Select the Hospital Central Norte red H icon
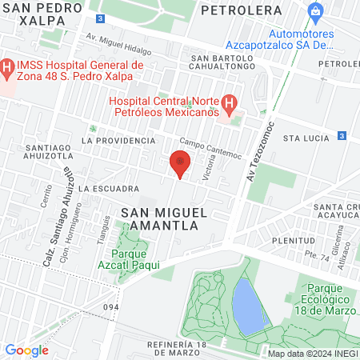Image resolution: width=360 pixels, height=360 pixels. coord(229,103)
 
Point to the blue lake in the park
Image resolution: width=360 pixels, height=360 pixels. coord(249,308)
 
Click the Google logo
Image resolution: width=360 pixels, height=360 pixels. coord(26,350)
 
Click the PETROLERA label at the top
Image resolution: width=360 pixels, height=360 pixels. coord(242,10)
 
